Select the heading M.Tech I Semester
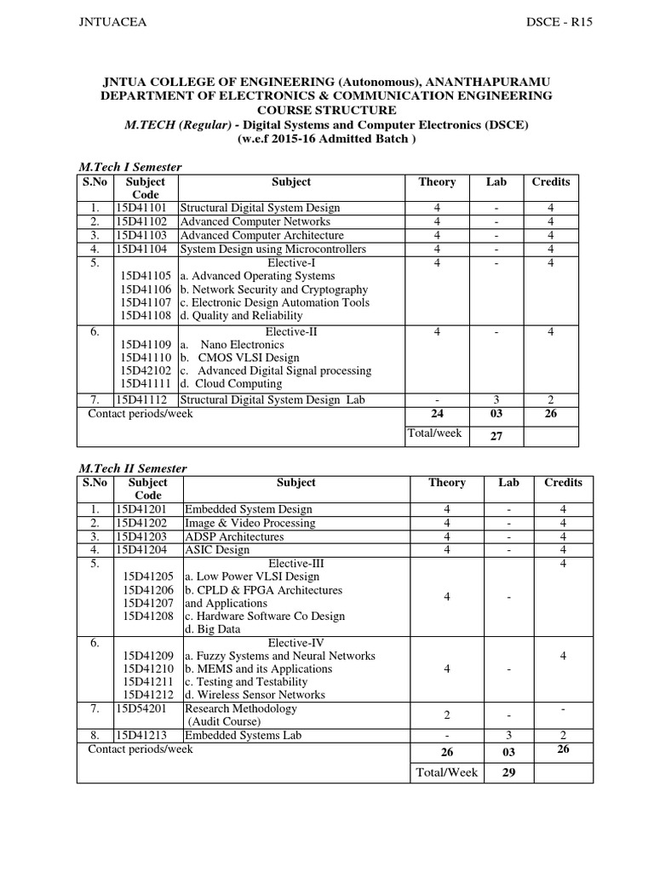tap(129, 167)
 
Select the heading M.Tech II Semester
tap(132, 468)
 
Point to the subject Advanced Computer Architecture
tap(261, 235)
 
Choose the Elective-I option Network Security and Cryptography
tap(273, 290)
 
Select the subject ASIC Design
tap(217, 550)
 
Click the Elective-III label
tap(295, 564)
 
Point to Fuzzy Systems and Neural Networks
tap(279, 656)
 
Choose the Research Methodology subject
tap(241, 708)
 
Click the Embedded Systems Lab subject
tap(243, 736)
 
